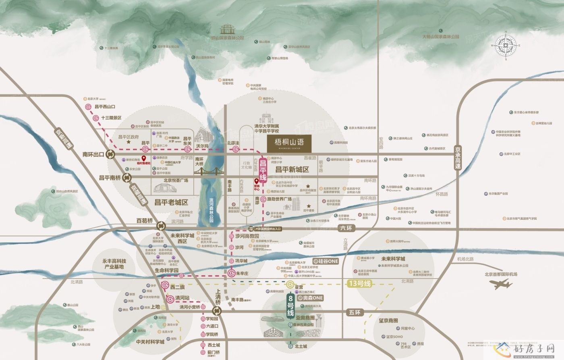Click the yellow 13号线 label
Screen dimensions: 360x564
click(x=359, y=283)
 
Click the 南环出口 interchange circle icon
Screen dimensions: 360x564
click(x=110, y=154)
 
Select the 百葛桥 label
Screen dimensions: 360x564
click(x=145, y=221)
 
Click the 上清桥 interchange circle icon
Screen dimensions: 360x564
click(x=217, y=310)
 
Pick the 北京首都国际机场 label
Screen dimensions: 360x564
click(x=501, y=274)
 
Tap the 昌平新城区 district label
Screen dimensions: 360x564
click(x=292, y=170)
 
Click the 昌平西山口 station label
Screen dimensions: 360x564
click(x=104, y=107)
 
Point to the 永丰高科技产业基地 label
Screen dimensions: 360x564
click(x=114, y=264)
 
